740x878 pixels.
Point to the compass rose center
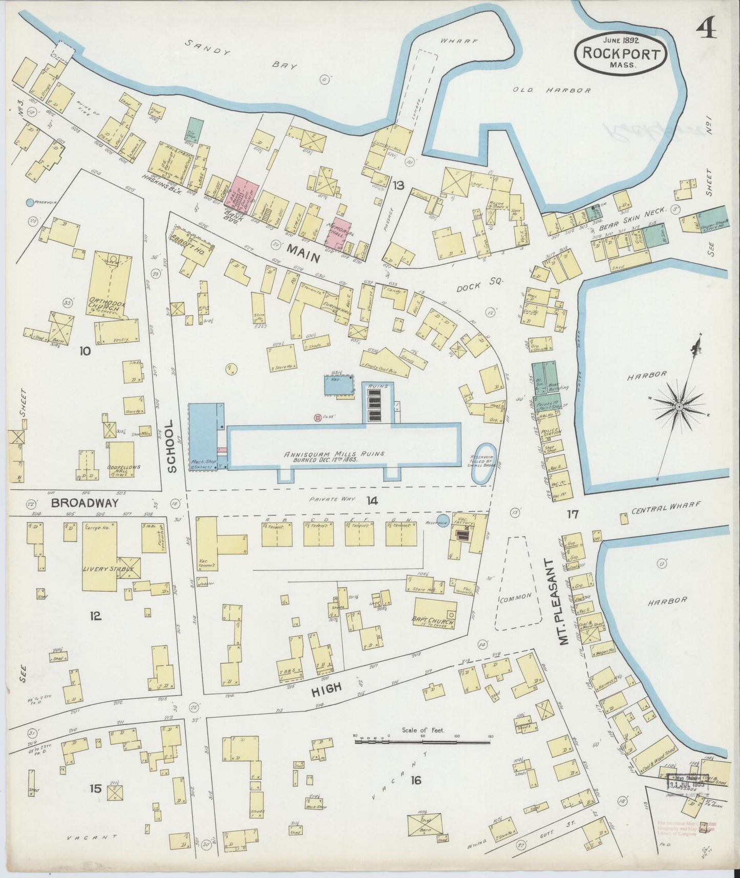[x=679, y=406]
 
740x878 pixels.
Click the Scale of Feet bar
[x=422, y=739]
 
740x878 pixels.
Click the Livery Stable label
[x=109, y=569]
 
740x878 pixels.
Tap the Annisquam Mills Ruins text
[x=334, y=454]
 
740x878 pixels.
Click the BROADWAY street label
[x=84, y=503]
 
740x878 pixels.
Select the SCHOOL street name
[x=172, y=446]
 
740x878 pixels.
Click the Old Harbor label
[x=552, y=90]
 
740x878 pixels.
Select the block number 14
[x=372, y=500]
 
